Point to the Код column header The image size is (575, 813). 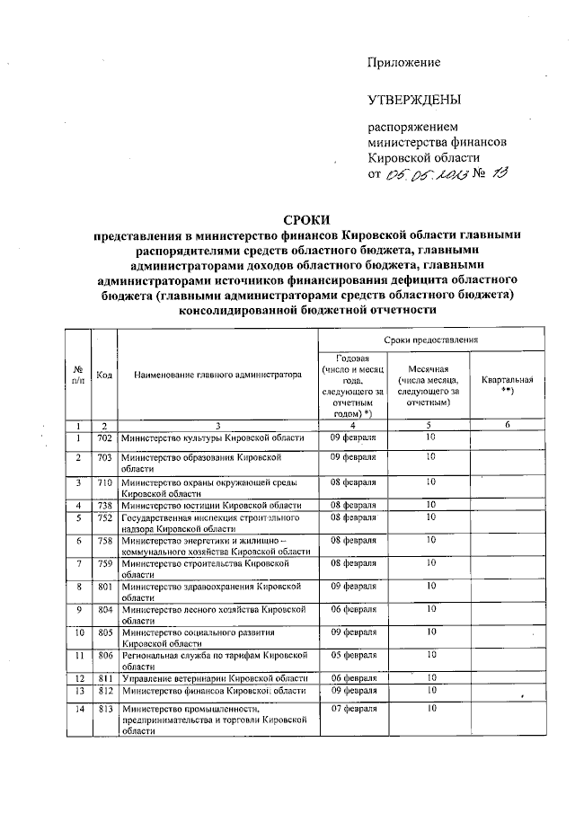pos(104,375)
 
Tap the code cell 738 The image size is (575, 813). pos(104,506)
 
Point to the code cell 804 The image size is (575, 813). pos(104,609)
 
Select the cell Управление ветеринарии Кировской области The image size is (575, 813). pos(215,677)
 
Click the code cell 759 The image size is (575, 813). pos(104,562)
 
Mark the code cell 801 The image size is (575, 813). pos(104,586)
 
